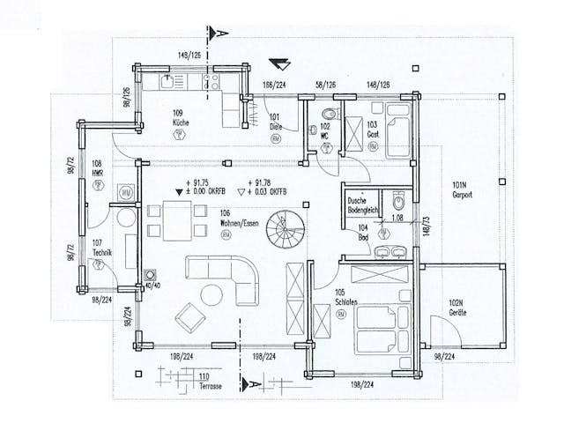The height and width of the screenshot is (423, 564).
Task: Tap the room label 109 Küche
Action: coord(182,118)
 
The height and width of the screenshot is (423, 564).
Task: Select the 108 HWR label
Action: coord(97,168)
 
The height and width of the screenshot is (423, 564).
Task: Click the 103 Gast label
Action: coord(372,130)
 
